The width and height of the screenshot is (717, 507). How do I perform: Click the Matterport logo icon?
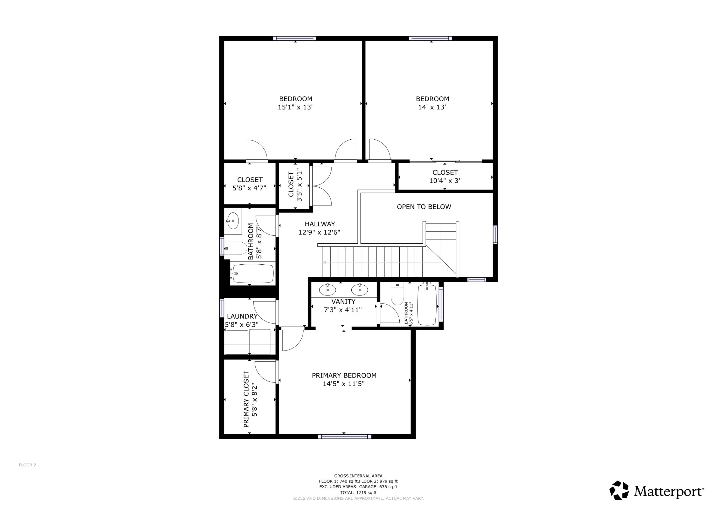tap(619, 491)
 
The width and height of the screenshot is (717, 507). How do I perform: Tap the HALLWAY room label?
tap(320, 224)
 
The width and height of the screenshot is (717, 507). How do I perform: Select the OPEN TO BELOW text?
tap(424, 207)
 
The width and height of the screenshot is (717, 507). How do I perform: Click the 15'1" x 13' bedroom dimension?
tap(295, 107)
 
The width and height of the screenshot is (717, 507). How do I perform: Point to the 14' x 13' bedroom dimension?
tap(432, 107)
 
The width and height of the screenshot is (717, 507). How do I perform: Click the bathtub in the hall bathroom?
tap(253, 274)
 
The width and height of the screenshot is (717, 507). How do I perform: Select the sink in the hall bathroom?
tap(233, 221)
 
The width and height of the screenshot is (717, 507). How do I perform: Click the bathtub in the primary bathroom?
tap(427, 305)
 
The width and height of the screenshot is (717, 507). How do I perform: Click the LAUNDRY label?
tap(242, 316)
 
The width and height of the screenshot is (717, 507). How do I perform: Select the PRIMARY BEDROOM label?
tap(344, 376)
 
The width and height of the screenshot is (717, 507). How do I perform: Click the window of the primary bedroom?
tap(344, 436)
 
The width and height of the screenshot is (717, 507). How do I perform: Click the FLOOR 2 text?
tap(27, 465)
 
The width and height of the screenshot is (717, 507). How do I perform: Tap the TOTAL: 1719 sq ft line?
tap(358, 493)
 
